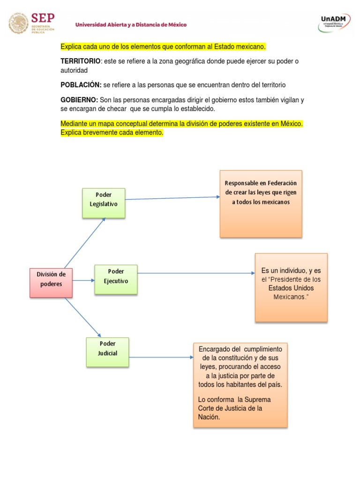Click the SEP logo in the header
click(32, 23)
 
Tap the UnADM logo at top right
click(336, 22)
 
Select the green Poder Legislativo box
click(104, 203)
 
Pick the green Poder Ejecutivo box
click(116, 279)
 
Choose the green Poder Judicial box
click(107, 352)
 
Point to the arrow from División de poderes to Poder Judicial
click(83, 317)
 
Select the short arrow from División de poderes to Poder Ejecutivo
click(83, 280)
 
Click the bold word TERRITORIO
click(81, 61)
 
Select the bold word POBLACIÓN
click(81, 85)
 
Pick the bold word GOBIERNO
click(79, 100)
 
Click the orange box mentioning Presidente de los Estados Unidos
click(291, 287)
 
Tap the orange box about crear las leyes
click(261, 203)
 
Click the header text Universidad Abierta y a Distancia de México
click(131, 24)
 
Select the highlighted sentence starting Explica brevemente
click(112, 133)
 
